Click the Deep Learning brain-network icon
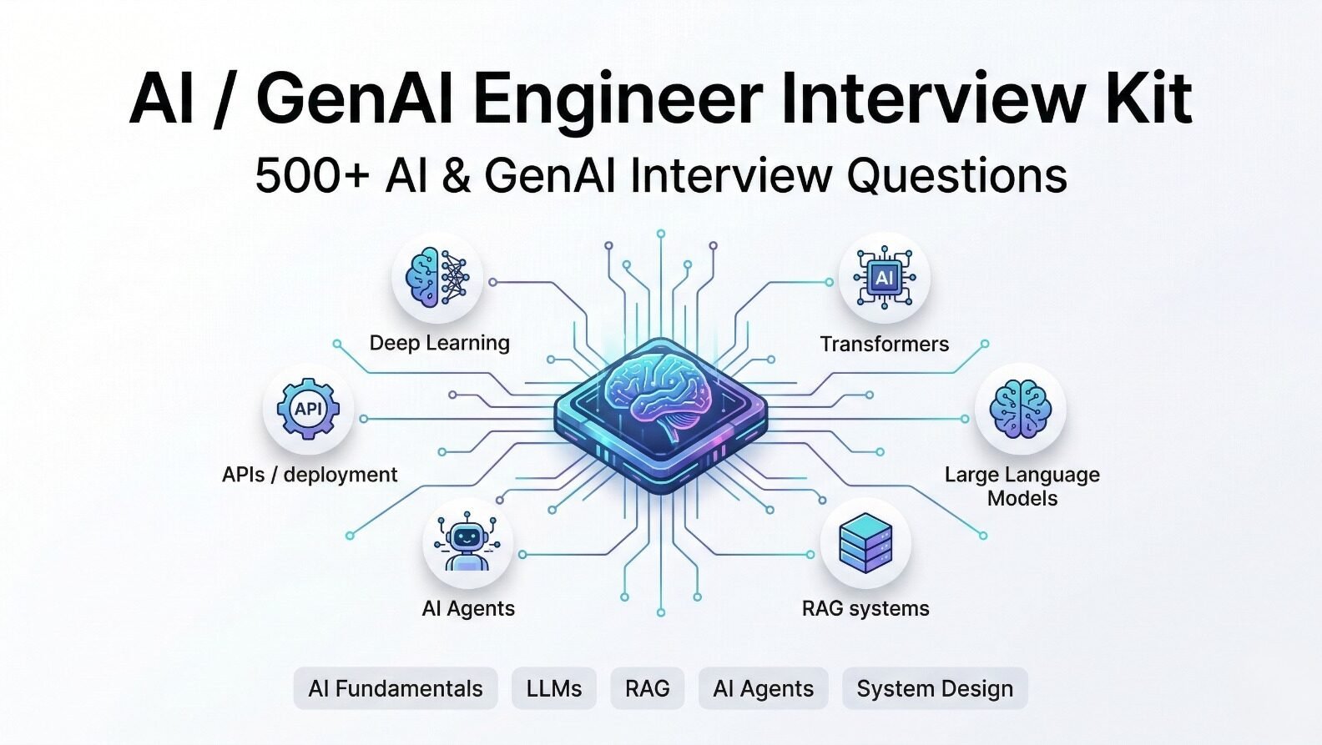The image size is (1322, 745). (x=437, y=277)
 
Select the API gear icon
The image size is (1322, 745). (x=308, y=408)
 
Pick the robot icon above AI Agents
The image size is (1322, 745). (x=467, y=542)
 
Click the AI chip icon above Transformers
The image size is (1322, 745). (x=884, y=277)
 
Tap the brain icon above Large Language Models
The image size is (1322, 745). (x=1021, y=409)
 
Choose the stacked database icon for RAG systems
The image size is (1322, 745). (x=865, y=542)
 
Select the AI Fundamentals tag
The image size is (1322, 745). (x=396, y=688)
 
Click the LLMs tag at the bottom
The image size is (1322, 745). (x=553, y=688)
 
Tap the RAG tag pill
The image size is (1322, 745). (x=648, y=688)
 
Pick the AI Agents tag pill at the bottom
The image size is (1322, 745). (x=763, y=688)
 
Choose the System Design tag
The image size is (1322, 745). (x=935, y=688)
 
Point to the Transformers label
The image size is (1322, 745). (x=885, y=344)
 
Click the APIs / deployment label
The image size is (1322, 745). (x=310, y=475)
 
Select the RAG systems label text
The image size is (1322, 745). (x=865, y=608)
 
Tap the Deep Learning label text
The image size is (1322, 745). (x=440, y=344)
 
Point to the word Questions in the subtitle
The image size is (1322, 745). (x=956, y=176)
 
